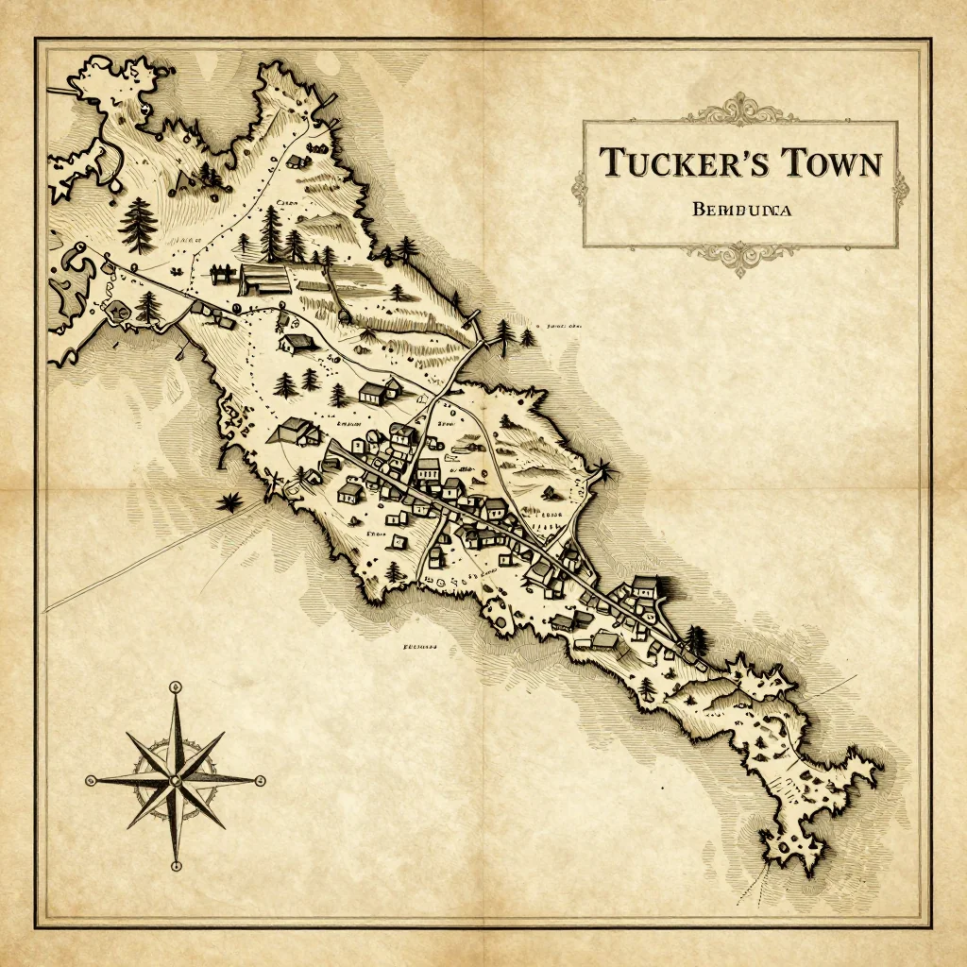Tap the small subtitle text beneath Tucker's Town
740,211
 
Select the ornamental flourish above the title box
741,110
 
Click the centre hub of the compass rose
176,780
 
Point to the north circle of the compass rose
176,687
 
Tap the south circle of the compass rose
176,865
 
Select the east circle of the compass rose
261,780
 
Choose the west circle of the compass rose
91,780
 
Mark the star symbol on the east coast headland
603,469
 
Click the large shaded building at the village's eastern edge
645,586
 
